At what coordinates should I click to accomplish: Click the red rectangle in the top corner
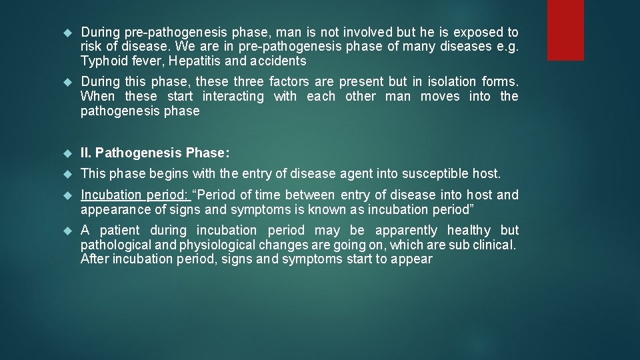click(x=565, y=29)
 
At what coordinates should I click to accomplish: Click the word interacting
click(x=233, y=96)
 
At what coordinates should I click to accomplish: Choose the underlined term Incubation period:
click(x=134, y=195)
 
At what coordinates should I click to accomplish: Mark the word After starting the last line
click(x=95, y=259)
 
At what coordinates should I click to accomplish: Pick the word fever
click(x=145, y=61)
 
